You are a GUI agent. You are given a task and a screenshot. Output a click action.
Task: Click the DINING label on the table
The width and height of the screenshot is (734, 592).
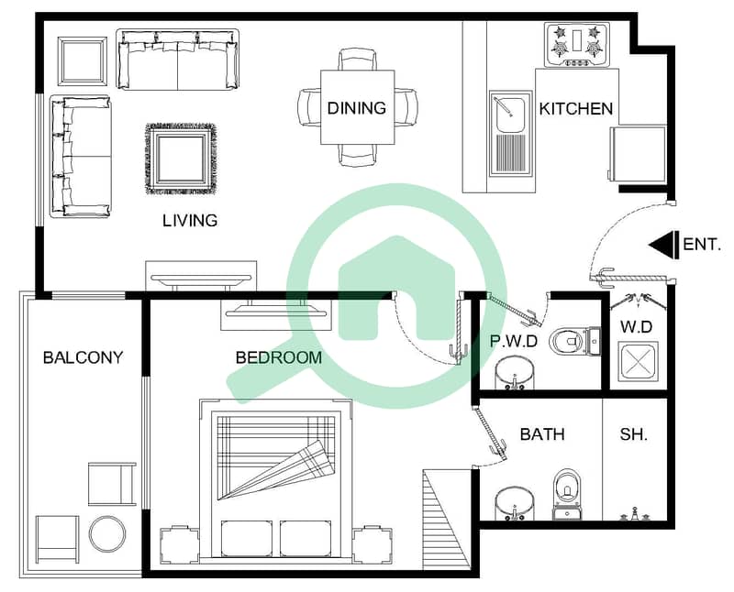[x=357, y=108]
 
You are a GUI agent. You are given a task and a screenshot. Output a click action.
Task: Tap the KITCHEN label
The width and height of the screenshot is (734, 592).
[x=576, y=109]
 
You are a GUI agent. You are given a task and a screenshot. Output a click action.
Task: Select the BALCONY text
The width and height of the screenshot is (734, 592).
[x=83, y=357]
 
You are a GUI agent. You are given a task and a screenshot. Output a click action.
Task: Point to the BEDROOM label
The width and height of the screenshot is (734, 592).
[x=279, y=357]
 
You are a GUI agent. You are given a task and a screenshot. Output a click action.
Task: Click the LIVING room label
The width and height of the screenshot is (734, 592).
[x=190, y=220]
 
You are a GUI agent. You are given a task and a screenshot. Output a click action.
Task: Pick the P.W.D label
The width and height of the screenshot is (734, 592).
[x=514, y=341]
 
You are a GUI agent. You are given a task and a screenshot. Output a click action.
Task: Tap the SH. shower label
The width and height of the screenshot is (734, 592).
[x=634, y=434]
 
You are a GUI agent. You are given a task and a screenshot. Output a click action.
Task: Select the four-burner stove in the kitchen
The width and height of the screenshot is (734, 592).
[x=577, y=45]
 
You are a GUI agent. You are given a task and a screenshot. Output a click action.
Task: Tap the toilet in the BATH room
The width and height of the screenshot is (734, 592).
[x=566, y=495]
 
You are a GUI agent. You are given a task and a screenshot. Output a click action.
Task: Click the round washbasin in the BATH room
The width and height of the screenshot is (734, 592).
[x=515, y=504]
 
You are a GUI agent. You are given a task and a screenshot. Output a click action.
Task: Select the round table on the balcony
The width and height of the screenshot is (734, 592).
[x=107, y=534]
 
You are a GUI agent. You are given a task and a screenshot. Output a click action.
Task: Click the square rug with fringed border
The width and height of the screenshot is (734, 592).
[x=181, y=159]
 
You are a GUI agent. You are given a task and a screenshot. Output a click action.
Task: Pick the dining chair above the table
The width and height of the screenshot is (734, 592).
[x=357, y=60]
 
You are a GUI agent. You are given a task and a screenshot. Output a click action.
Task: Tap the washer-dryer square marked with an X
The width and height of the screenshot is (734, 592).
[x=638, y=362]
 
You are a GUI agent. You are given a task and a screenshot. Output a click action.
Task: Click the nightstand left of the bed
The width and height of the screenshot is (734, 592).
[x=179, y=545]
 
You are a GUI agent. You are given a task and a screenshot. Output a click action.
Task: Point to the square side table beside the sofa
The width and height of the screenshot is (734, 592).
[x=83, y=61]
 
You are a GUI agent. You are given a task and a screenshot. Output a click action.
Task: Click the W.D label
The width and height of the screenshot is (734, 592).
[x=636, y=327]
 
